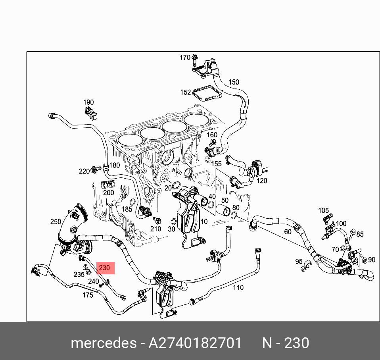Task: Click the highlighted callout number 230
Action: point(104,268)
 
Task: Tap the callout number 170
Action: point(185,58)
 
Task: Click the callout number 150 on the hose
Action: point(234,82)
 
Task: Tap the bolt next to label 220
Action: point(94,170)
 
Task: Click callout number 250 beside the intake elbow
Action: point(56,221)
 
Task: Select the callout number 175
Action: point(87,295)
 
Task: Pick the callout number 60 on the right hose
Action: point(288,231)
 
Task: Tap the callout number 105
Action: point(324,210)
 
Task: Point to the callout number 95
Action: point(299,261)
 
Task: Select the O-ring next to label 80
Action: point(234,216)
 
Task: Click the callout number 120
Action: point(262,181)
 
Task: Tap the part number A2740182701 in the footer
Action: point(195,343)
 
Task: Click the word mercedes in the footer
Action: point(103,343)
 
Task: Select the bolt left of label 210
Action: point(158,221)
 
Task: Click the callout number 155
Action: point(216,164)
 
